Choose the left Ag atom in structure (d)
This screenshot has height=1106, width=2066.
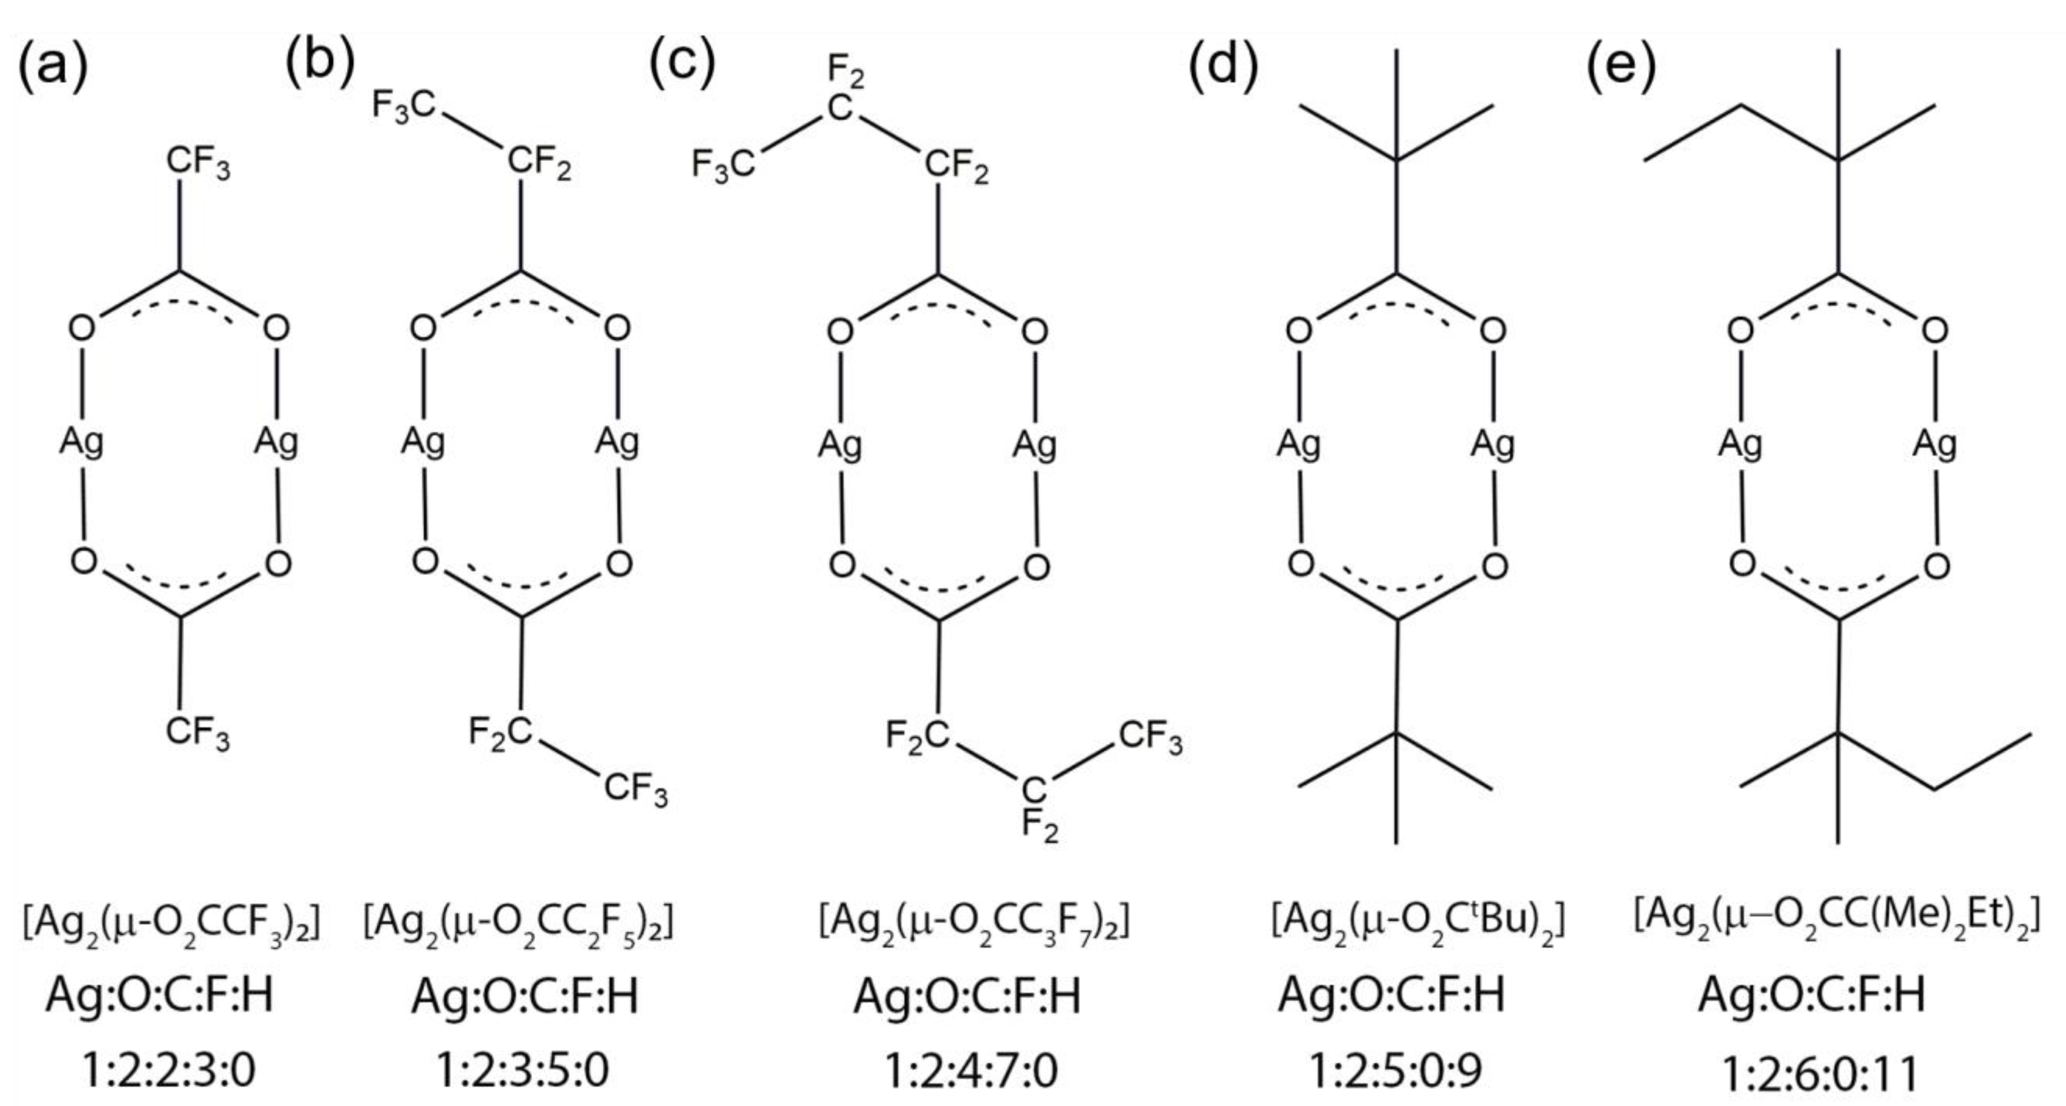(x=1298, y=444)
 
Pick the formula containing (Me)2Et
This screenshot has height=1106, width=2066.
(x=1837, y=920)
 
